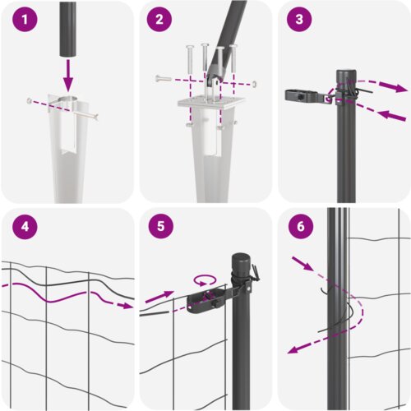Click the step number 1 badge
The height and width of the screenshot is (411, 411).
click(25, 20)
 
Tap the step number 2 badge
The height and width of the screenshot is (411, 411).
click(159, 20)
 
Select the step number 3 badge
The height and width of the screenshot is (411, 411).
click(299, 20)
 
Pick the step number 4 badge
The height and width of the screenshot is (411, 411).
click(25, 227)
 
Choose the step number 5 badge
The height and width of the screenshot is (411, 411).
click(161, 226)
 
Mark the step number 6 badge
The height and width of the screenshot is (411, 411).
click(301, 226)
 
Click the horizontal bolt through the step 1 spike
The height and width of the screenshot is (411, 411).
click(62, 109)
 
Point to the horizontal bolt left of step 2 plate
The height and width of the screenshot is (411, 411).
click(164, 79)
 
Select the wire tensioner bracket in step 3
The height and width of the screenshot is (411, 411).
click(309, 97)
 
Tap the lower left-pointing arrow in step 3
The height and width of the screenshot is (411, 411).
click(393, 115)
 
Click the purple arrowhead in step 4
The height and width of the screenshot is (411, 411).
click(127, 306)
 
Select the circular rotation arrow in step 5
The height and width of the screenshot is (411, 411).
click(205, 280)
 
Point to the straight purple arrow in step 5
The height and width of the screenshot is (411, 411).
click(159, 297)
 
